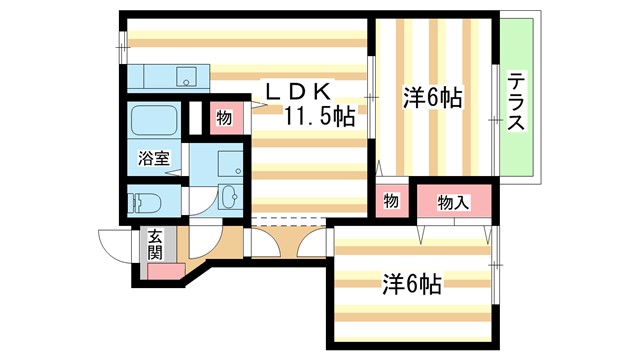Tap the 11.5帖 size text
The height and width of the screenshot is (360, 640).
(x=318, y=117)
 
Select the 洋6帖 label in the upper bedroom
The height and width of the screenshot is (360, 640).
(x=432, y=98)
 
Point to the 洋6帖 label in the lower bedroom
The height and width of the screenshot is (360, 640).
(x=411, y=283)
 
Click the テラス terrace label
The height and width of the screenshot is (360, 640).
(x=516, y=103)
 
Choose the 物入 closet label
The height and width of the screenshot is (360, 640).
(x=454, y=203)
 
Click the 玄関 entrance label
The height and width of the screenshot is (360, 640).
(x=156, y=244)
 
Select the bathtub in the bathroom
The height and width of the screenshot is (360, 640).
(x=154, y=121)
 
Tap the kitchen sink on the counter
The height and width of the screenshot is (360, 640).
(x=185, y=76)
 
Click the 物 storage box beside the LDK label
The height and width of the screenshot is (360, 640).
(x=224, y=118)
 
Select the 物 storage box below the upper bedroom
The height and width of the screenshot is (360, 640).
(x=391, y=201)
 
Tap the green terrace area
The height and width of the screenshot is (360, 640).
(x=517, y=100)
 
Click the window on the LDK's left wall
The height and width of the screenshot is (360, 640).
(x=123, y=45)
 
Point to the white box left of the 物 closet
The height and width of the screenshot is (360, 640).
(x=196, y=117)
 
